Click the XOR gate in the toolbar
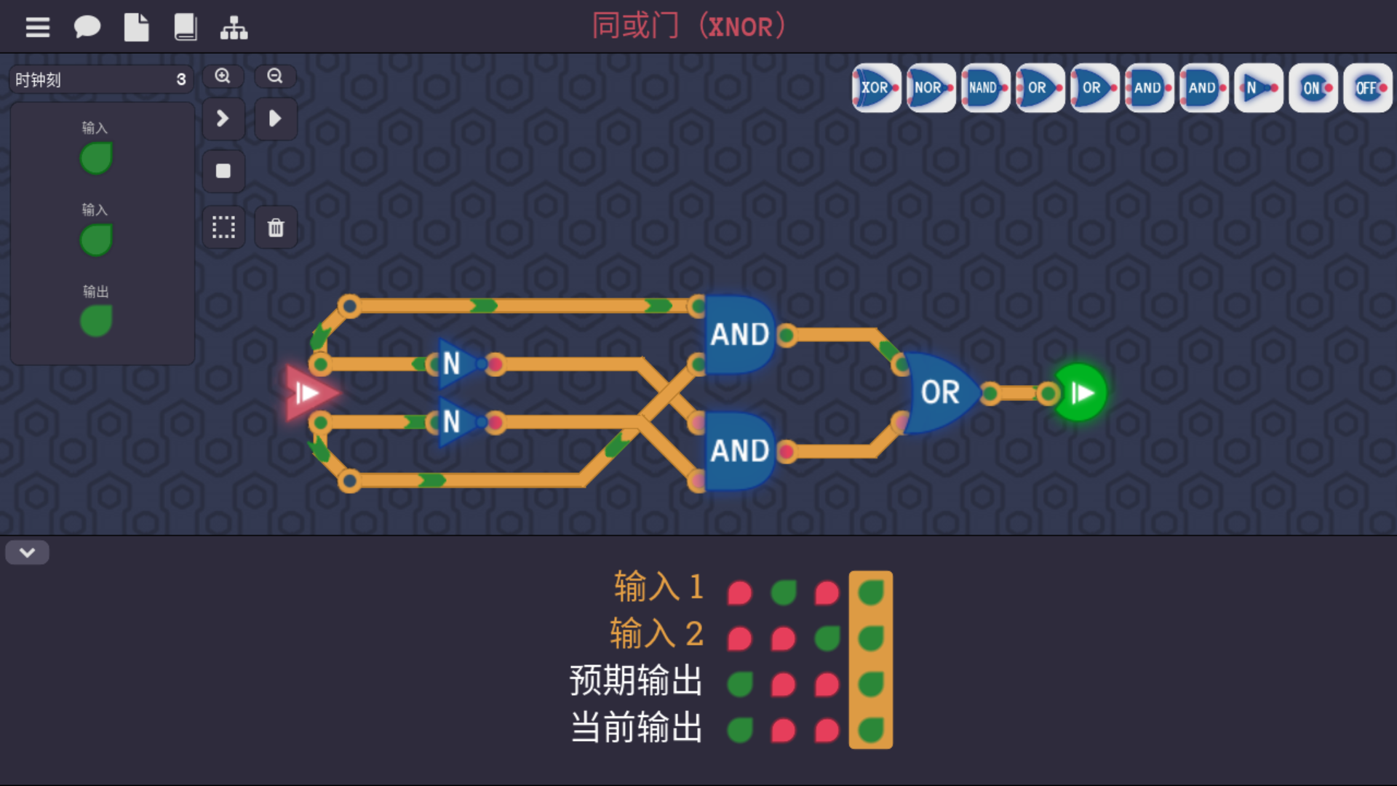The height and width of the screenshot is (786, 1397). [x=876, y=88]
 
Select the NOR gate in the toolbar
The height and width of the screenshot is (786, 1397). [x=931, y=88]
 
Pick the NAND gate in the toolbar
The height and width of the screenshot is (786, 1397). [x=985, y=88]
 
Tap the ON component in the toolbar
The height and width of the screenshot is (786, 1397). [x=1313, y=88]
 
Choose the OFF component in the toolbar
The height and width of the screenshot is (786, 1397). [x=1367, y=88]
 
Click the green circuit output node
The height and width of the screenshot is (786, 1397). [x=1080, y=393]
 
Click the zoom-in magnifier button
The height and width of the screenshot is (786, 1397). [x=223, y=76]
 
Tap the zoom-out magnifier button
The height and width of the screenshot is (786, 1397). [x=275, y=76]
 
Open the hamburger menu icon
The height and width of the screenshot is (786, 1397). [x=38, y=28]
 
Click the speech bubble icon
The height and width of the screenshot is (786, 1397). [x=87, y=28]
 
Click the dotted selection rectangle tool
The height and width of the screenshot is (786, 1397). [x=223, y=228]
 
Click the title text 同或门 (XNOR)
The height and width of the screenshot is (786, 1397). [x=688, y=26]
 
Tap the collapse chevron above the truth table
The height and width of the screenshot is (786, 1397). [x=28, y=552]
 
